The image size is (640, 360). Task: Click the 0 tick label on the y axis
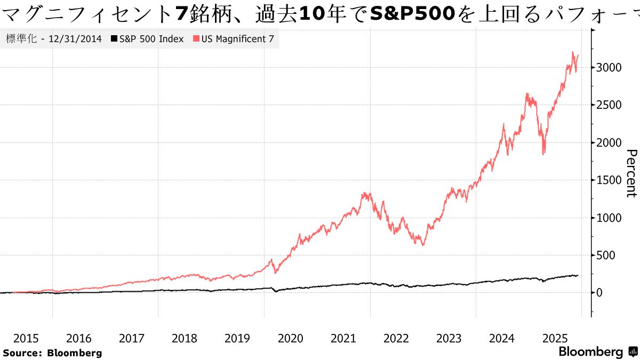coord(599,293)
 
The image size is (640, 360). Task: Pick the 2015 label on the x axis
coord(26,338)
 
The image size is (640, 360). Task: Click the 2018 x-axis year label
coord(185,338)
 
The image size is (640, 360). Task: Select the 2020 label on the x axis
coord(290,338)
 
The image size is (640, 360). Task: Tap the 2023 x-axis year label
coord(449,338)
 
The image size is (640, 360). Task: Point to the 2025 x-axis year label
coord(555,338)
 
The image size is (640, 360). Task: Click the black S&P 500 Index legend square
coord(114,39)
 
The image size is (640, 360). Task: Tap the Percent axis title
coord(631,173)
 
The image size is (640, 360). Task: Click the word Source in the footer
coord(21,353)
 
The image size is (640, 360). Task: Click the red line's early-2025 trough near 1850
coord(543,154)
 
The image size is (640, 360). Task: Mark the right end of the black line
coord(578,276)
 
